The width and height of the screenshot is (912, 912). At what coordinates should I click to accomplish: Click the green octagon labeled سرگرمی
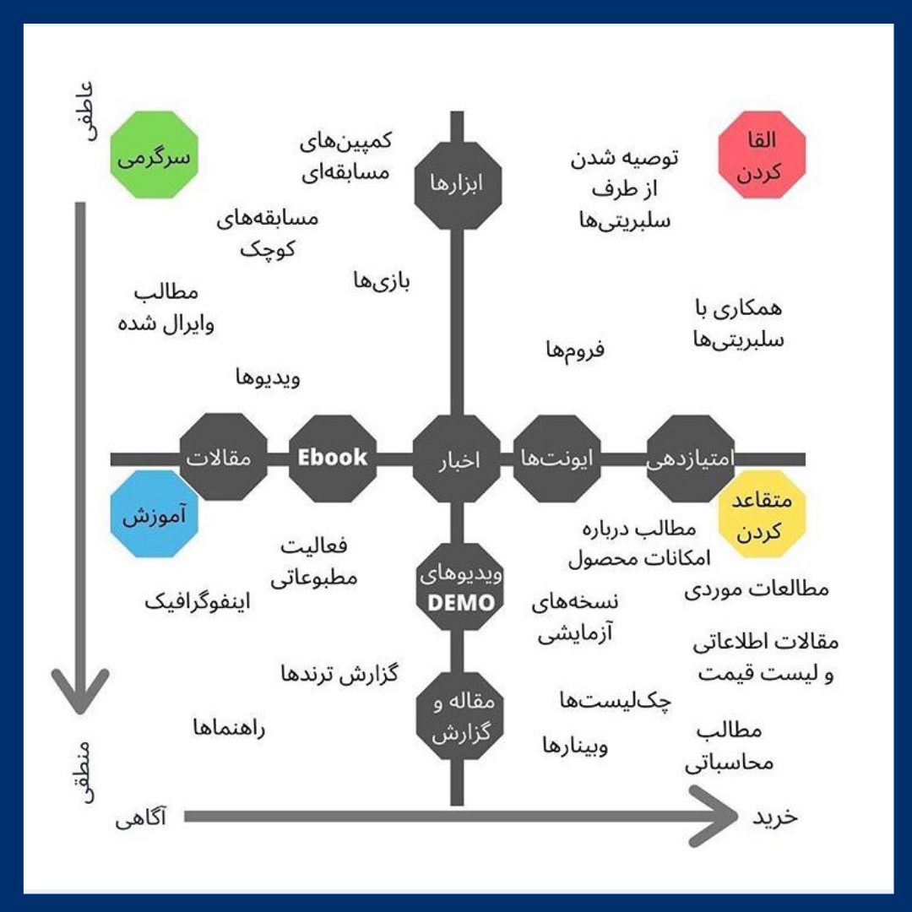[155, 157]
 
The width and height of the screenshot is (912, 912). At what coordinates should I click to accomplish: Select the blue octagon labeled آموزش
[155, 514]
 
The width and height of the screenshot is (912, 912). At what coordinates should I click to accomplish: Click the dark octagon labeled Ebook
[333, 459]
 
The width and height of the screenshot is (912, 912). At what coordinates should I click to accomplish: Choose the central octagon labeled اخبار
[457, 459]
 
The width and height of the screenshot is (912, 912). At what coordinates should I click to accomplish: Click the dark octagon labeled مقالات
[224, 459]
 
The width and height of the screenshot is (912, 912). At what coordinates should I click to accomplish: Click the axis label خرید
[775, 817]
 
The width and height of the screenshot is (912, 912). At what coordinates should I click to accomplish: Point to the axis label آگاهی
[141, 817]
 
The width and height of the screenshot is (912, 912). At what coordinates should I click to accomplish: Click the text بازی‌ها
[382, 281]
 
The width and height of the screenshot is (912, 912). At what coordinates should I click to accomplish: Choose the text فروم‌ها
[575, 347]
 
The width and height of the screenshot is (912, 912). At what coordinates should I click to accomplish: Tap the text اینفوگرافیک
[198, 601]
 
